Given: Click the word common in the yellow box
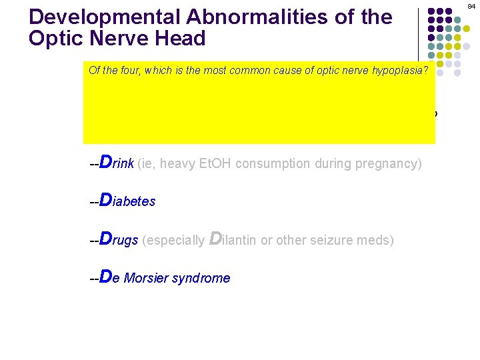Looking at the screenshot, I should click(250, 70).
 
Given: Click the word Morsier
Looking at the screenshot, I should click(145, 278).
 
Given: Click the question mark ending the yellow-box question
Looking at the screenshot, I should click(432, 70).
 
